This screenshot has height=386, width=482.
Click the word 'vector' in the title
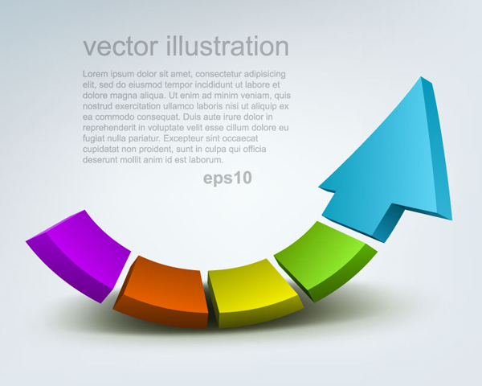(x=120, y=46)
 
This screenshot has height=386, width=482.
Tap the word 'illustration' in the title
(x=227, y=46)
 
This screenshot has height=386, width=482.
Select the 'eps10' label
(x=227, y=178)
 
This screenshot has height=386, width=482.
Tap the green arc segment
(x=325, y=261)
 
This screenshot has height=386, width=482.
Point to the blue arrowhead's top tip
(x=421, y=76)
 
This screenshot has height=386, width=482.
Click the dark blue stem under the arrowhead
(x=388, y=224)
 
